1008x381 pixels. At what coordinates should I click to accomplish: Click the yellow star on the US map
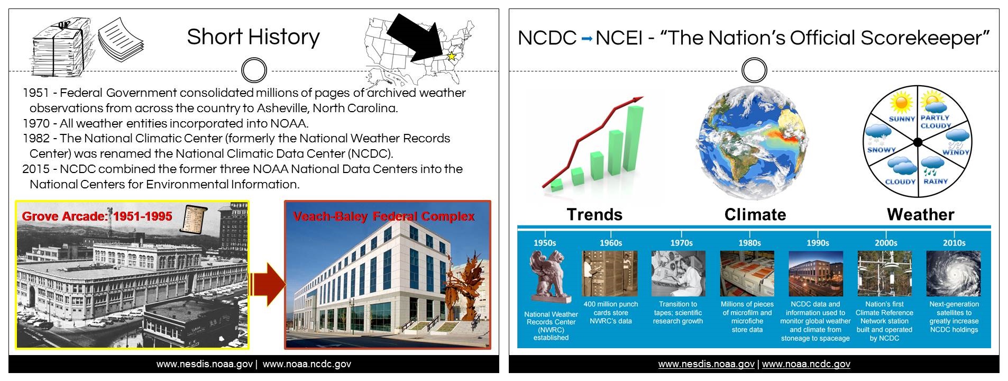pos(452,56)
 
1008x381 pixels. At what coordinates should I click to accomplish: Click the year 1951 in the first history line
pos(36,93)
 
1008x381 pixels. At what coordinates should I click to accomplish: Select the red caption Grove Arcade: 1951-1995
pos(97,216)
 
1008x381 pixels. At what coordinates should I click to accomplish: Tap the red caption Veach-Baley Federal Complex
pos(384,216)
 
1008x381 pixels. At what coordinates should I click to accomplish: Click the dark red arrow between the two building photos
pos(268,284)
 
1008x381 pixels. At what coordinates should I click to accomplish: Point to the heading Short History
pos(253,37)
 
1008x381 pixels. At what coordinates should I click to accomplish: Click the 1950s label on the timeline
pos(545,243)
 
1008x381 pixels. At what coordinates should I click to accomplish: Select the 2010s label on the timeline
pos(954,243)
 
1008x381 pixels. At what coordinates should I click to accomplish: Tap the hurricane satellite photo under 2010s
pos(953,274)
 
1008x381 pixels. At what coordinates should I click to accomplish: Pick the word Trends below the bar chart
pos(594,214)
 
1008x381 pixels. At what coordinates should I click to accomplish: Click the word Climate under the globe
pos(755,214)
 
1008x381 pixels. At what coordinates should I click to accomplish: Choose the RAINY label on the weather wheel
pos(936,181)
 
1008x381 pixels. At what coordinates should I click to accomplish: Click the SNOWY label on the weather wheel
pos(881,150)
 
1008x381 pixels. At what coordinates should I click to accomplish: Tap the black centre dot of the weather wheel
pos(918,142)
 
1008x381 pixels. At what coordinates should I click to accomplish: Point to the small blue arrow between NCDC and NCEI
pos(586,39)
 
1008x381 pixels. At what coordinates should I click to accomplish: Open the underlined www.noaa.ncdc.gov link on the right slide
pos(806,364)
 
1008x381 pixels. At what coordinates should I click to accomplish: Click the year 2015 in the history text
pos(36,169)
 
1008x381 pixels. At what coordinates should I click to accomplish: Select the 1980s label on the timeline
pos(749,243)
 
